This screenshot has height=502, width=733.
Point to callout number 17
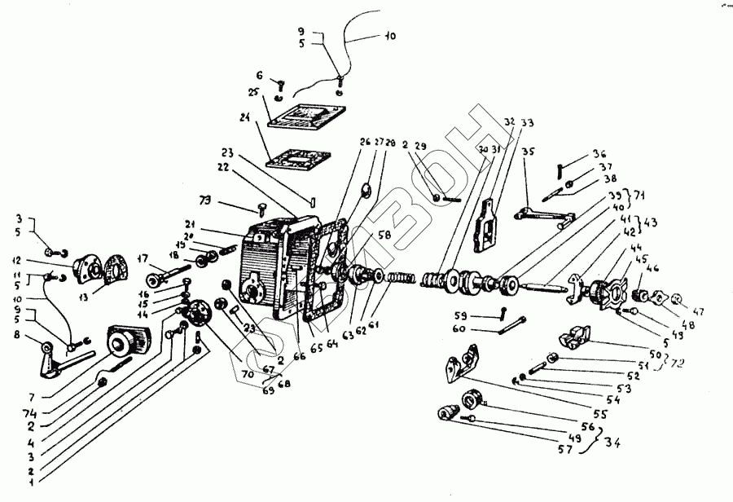coord(144,258)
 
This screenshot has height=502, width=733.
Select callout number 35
coord(528,152)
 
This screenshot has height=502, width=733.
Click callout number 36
coord(600,153)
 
